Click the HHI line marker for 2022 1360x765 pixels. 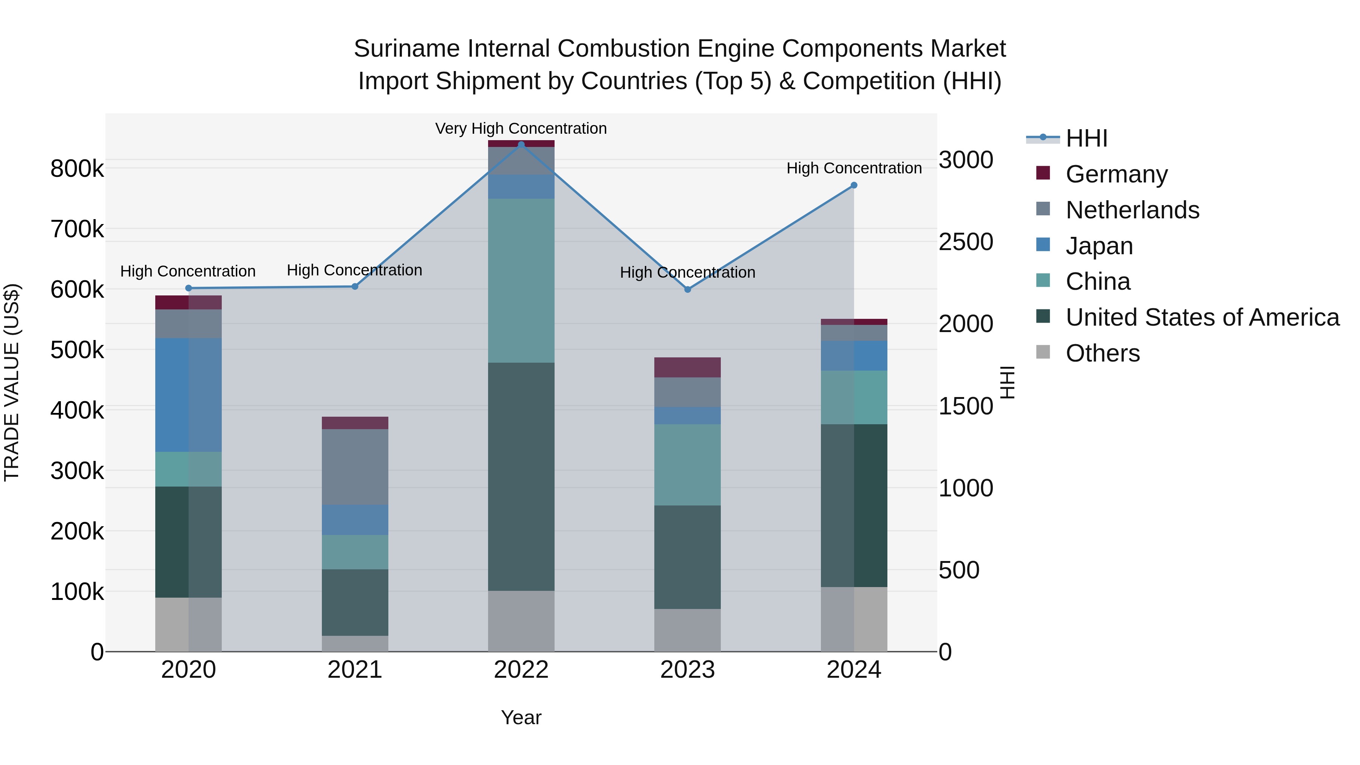pyautogui.click(x=521, y=145)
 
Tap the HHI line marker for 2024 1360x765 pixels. pyautogui.click(x=854, y=185)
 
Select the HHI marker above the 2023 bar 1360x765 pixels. pyautogui.click(x=688, y=289)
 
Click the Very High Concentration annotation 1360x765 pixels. pyautogui.click(x=521, y=128)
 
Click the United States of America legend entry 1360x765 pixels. pyautogui.click(x=1202, y=317)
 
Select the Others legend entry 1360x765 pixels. pyautogui.click(x=1102, y=353)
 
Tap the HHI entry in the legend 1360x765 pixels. pyautogui.click(x=1086, y=138)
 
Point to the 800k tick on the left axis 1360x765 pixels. pyautogui.click(x=77, y=169)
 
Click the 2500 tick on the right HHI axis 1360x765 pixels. pyautogui.click(x=966, y=242)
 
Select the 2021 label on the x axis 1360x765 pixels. pyautogui.click(x=355, y=670)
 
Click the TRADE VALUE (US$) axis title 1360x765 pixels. pyautogui.click(x=12, y=382)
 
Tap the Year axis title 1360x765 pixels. pyautogui.click(x=521, y=717)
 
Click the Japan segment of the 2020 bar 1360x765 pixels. pyautogui.click(x=189, y=394)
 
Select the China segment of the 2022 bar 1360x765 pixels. pyautogui.click(x=521, y=280)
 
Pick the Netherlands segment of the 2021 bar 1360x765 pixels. pyautogui.click(x=355, y=467)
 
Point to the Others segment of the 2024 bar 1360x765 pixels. pyautogui.click(x=854, y=619)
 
